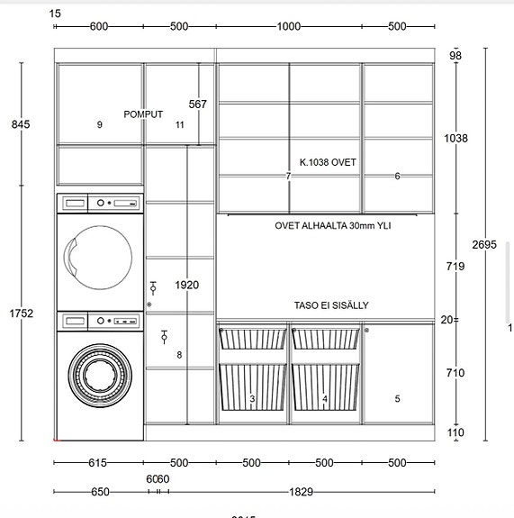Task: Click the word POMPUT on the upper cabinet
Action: pyautogui.click(x=143, y=114)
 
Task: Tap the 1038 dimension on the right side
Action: pyautogui.click(x=456, y=139)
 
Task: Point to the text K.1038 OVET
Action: pyautogui.click(x=328, y=163)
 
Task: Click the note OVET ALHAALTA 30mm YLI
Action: pyautogui.click(x=333, y=226)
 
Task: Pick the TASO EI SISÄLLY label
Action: pyautogui.click(x=330, y=305)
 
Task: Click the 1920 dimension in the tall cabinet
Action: pyautogui.click(x=187, y=286)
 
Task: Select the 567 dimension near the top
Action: pyautogui.click(x=198, y=105)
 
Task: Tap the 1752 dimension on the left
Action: pyautogui.click(x=22, y=314)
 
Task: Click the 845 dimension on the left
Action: pyautogui.click(x=20, y=124)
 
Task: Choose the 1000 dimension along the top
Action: pyautogui.click(x=289, y=26)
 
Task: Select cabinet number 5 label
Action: pyautogui.click(x=397, y=398)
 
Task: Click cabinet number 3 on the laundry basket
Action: pyautogui.click(x=252, y=398)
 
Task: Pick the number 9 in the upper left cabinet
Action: pyautogui.click(x=100, y=125)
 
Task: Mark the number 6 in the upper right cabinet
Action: pyautogui.click(x=397, y=177)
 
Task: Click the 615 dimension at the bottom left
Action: pyautogui.click(x=98, y=463)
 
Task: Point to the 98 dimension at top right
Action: pyautogui.click(x=455, y=56)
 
